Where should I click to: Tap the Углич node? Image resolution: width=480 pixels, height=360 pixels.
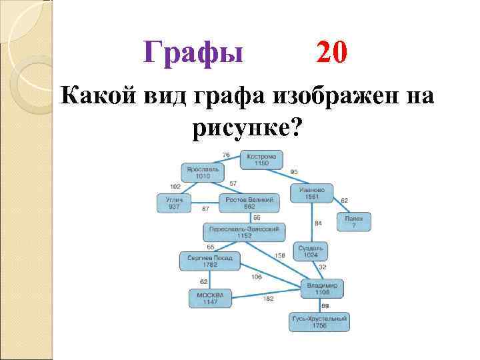pyautogui.click(x=174, y=203)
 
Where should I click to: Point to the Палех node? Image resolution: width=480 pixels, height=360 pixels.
pyautogui.click(x=353, y=221)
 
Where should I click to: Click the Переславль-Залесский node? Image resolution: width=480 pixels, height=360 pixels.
pyautogui.click(x=244, y=231)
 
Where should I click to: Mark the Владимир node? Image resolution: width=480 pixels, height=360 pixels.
pyautogui.click(x=322, y=288)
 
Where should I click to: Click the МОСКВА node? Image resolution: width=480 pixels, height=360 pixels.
pyautogui.click(x=210, y=297)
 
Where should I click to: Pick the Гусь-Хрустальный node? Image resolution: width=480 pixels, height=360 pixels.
pyautogui.click(x=319, y=322)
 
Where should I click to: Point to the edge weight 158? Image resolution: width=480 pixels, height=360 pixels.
pyautogui.click(x=280, y=256)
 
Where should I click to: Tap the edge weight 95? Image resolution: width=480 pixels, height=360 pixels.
pyautogui.click(x=294, y=172)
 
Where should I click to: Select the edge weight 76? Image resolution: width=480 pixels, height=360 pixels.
pyautogui.click(x=226, y=155)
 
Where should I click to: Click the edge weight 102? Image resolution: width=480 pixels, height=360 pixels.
pyautogui.click(x=175, y=186)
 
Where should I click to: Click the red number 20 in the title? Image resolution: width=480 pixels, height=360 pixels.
pyautogui.click(x=331, y=51)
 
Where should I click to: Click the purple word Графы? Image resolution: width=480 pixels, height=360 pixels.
pyautogui.click(x=194, y=52)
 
